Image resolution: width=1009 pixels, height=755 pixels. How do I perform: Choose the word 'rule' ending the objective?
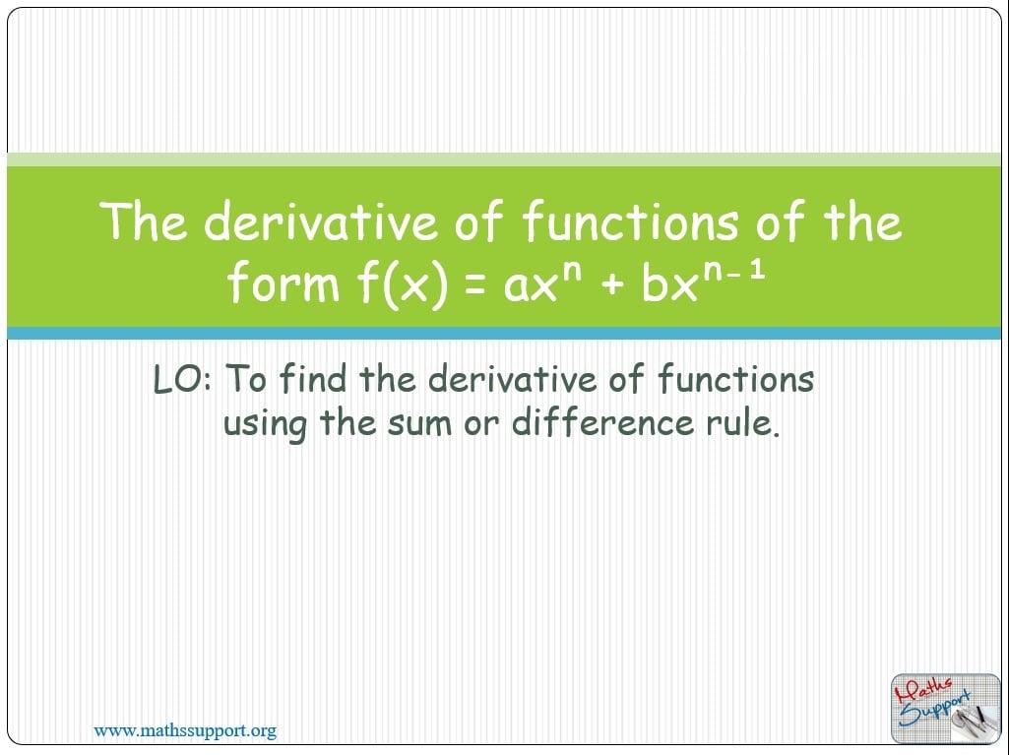tap(739, 423)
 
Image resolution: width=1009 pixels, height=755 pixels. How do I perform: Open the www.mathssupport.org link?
tap(184, 730)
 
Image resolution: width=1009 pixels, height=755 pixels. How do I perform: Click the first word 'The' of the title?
tap(145, 221)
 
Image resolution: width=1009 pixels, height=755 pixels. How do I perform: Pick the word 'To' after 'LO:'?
tap(246, 379)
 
